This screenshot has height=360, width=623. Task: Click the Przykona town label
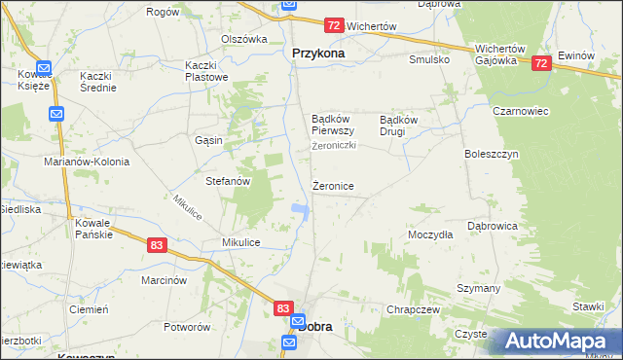(317, 54)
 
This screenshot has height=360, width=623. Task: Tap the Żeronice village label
(333, 185)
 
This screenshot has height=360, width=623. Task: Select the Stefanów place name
(229, 181)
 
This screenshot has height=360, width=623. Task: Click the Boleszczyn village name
(492, 154)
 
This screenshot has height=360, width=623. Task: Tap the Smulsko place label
(429, 59)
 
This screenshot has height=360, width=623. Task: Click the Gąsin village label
(209, 140)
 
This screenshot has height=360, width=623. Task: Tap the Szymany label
(478, 289)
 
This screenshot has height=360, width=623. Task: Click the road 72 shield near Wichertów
(334, 25)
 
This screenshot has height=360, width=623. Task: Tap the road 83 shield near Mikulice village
(157, 247)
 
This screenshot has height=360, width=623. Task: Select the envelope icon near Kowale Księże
(56, 114)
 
